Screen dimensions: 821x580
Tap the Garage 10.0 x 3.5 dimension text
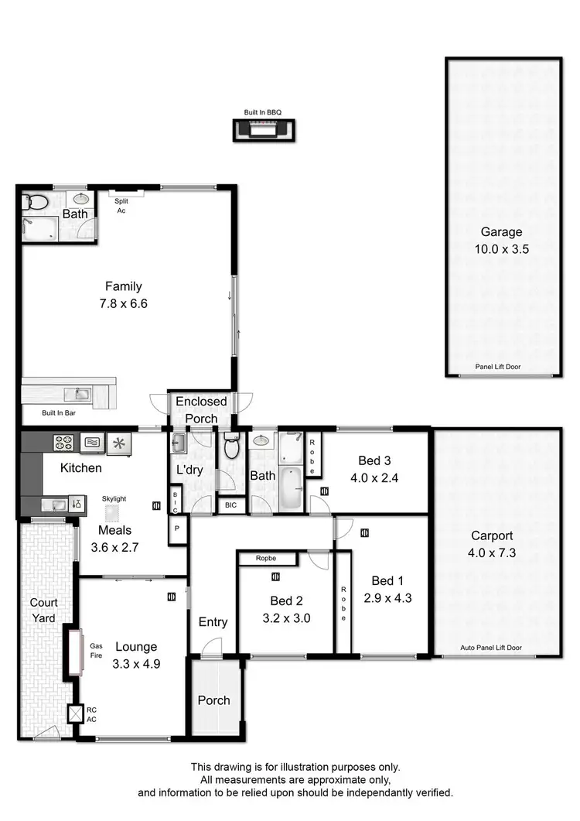click(x=502, y=248)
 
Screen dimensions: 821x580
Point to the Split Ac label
click(x=121, y=206)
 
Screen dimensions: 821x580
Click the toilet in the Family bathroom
click(x=35, y=203)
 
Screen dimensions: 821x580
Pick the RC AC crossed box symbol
click(x=75, y=713)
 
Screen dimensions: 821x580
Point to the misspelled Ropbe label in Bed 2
click(x=268, y=558)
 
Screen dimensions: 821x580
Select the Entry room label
click(x=213, y=621)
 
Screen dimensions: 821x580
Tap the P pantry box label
click(x=177, y=529)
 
